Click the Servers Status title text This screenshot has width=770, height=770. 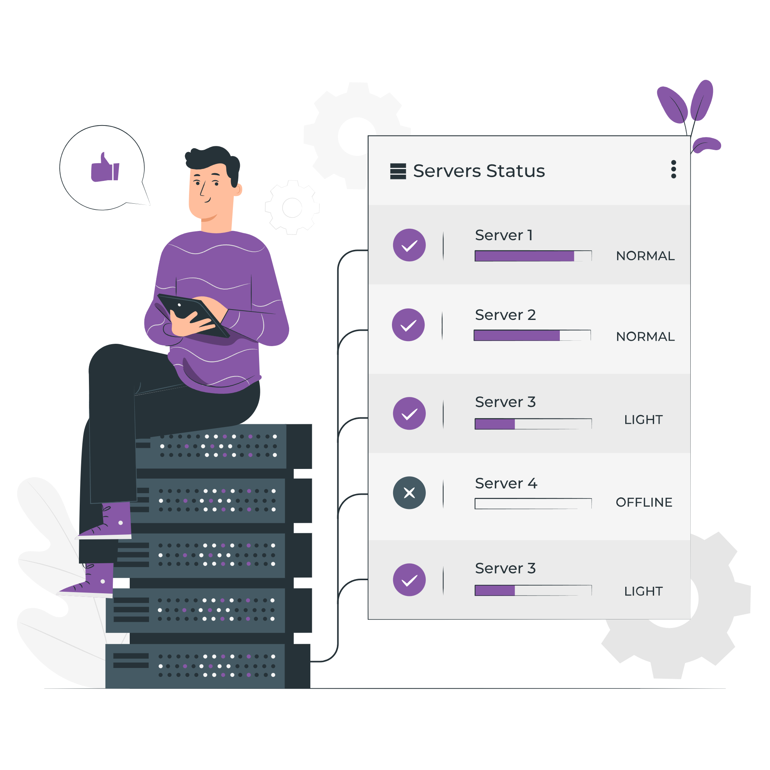point(479,171)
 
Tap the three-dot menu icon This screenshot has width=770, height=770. point(673,169)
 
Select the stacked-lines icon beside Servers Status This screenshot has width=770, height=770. point(398,171)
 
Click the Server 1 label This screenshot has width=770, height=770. point(503,235)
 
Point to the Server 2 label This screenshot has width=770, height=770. point(505,315)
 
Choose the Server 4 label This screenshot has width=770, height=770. point(506,483)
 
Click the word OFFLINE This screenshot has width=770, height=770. point(644,502)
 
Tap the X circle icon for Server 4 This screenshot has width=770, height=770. point(409,493)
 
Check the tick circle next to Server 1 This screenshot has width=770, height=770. point(409,245)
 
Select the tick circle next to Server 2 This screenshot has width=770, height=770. point(408,325)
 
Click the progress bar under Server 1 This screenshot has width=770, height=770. point(533,256)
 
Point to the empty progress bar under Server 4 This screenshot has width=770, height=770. point(533,504)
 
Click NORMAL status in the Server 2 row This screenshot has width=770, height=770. point(645,336)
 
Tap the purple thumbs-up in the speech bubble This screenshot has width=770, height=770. point(105,169)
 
